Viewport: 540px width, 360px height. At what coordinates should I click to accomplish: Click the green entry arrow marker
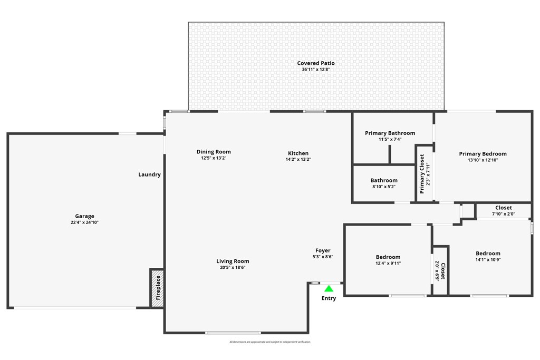(329, 288)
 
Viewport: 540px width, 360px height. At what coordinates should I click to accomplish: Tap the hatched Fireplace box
(157, 288)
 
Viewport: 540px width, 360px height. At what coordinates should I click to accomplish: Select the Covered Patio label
(316, 63)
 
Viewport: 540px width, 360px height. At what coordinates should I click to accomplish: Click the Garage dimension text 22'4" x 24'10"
(84, 222)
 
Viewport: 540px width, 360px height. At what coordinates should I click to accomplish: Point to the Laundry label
(149, 174)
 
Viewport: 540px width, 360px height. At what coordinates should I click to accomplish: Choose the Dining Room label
(214, 152)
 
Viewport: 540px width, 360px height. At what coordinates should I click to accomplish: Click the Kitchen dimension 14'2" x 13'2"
(298, 159)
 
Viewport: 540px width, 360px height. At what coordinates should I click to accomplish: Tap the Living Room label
(233, 261)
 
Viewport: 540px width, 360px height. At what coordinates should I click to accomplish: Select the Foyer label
(323, 251)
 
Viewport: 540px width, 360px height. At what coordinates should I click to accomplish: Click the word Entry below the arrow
(329, 298)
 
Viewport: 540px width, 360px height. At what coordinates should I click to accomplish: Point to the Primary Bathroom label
(390, 133)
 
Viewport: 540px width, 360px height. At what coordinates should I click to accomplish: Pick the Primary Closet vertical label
(422, 174)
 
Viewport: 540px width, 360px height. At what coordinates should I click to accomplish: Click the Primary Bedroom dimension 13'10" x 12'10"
(483, 160)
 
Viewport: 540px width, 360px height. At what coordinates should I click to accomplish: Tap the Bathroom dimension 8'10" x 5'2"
(384, 187)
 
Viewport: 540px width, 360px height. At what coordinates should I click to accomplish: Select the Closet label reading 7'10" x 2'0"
(503, 208)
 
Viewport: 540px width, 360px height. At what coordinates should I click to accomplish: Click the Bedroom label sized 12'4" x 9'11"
(388, 257)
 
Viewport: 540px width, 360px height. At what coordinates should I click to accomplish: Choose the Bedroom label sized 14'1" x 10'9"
(488, 254)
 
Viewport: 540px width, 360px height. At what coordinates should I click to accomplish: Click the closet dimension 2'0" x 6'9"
(437, 271)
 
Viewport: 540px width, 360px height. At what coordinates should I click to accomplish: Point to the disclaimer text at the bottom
(270, 342)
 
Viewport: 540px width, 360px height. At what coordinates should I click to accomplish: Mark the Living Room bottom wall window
(233, 333)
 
